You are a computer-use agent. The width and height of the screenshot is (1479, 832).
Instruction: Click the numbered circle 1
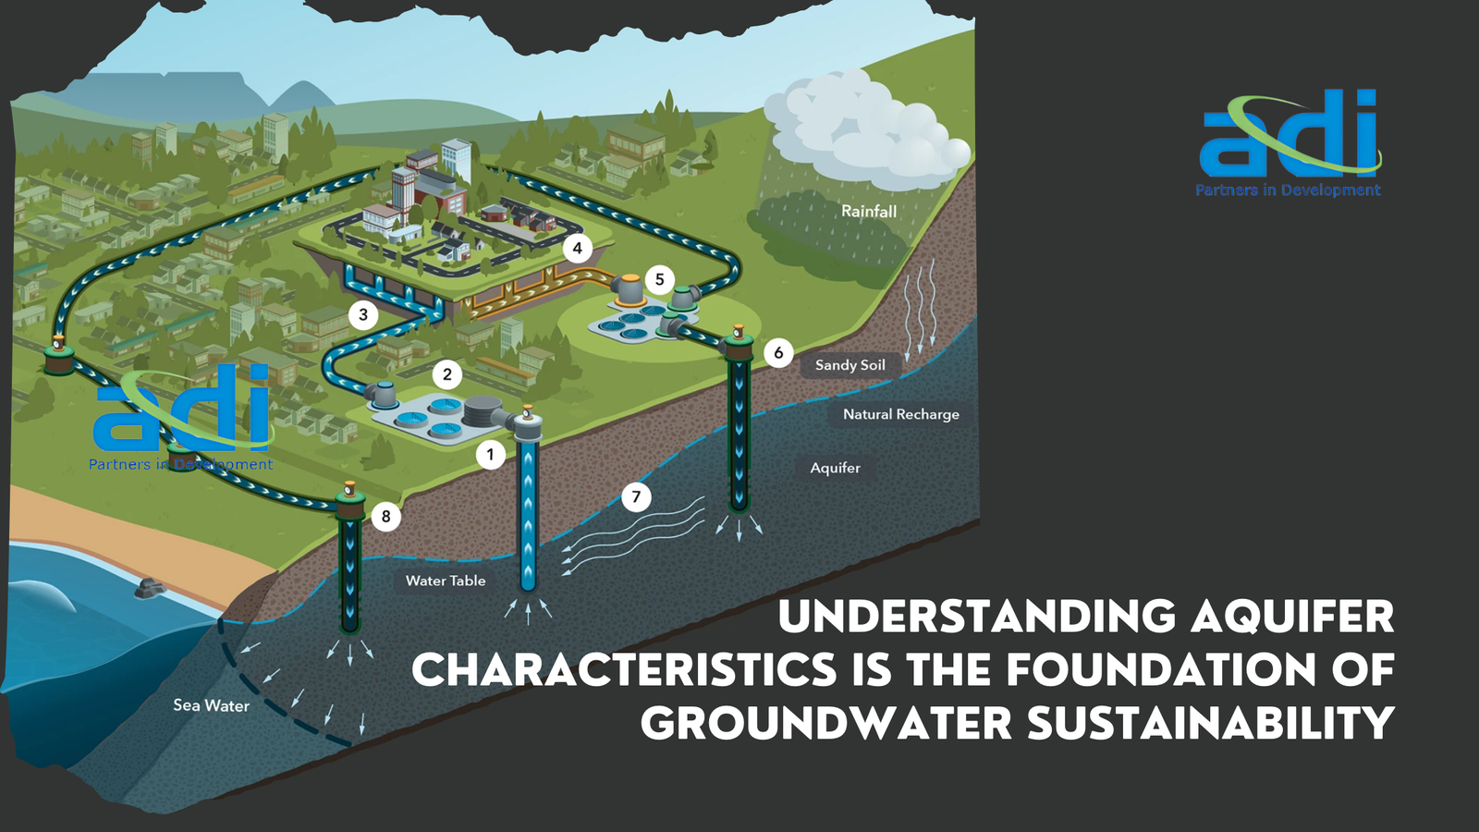point(491,454)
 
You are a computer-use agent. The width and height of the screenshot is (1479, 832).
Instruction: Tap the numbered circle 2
point(447,374)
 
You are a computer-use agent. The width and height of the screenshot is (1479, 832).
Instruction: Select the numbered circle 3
point(363,314)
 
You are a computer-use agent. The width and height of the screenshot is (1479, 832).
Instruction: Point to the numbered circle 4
point(578,248)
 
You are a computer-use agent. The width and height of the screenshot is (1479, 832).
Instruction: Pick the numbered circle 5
point(659,279)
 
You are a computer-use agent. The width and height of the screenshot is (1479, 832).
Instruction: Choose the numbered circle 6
point(778,352)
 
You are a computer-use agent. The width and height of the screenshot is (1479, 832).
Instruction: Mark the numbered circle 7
point(636,497)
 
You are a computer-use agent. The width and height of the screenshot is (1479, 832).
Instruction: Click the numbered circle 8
point(386,516)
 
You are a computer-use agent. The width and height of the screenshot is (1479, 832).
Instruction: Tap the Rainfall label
point(869,211)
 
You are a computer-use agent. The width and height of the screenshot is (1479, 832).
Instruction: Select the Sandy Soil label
point(850,365)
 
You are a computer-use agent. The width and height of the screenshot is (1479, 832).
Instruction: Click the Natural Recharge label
point(900,414)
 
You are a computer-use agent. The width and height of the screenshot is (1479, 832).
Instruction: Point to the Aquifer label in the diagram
point(835,468)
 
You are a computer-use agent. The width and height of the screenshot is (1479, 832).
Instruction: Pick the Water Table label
point(446,581)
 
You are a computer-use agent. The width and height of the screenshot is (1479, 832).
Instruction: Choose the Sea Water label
point(211,705)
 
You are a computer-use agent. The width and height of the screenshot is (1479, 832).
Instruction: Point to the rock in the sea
point(148,587)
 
